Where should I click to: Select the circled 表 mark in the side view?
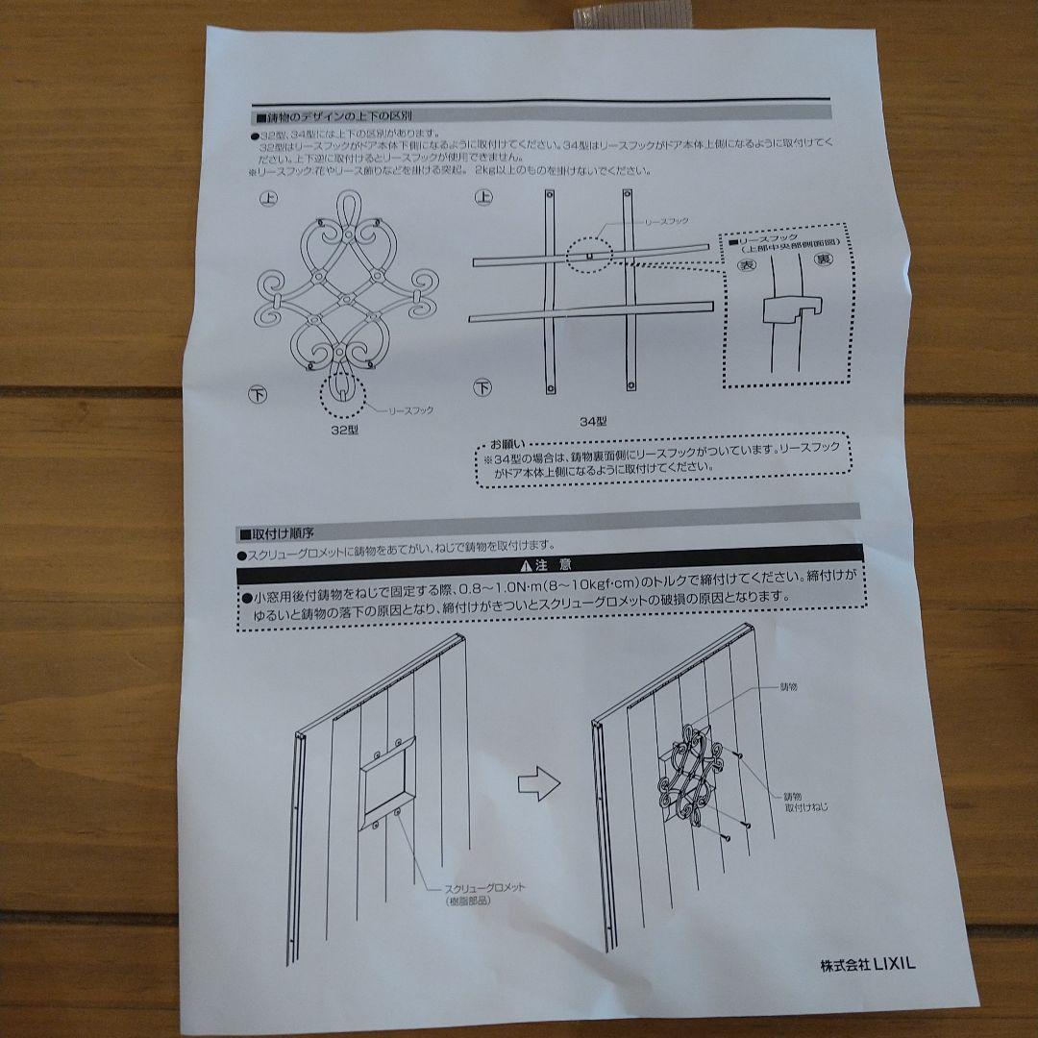[x=747, y=262]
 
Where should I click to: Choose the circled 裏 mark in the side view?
[x=824, y=259]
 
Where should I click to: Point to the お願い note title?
[x=508, y=445]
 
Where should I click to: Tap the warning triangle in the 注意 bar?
[x=525, y=565]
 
